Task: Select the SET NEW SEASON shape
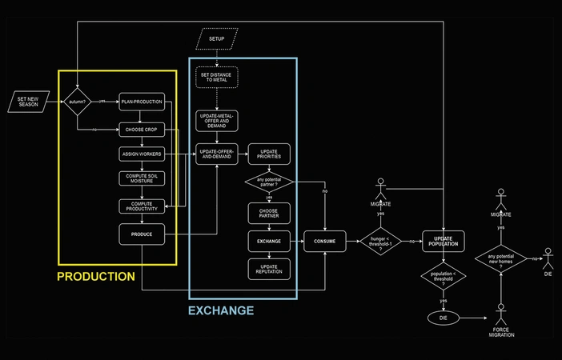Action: pos(28,102)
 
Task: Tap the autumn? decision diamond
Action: pos(78,102)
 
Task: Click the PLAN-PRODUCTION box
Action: pos(142,102)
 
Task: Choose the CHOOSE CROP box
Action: pos(142,128)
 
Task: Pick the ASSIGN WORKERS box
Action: pos(142,154)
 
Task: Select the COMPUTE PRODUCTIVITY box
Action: pos(142,206)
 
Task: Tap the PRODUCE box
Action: pos(142,234)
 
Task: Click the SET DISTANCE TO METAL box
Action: pos(217,78)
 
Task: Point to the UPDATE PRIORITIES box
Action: pos(268,154)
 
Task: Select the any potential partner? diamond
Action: pos(268,183)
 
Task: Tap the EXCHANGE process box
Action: pos(268,240)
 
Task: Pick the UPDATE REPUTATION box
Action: pos(268,268)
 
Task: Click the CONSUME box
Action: pos(324,240)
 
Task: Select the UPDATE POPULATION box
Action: pos(444,240)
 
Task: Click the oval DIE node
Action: pos(443,317)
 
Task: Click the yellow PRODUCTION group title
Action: pos(96,277)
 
